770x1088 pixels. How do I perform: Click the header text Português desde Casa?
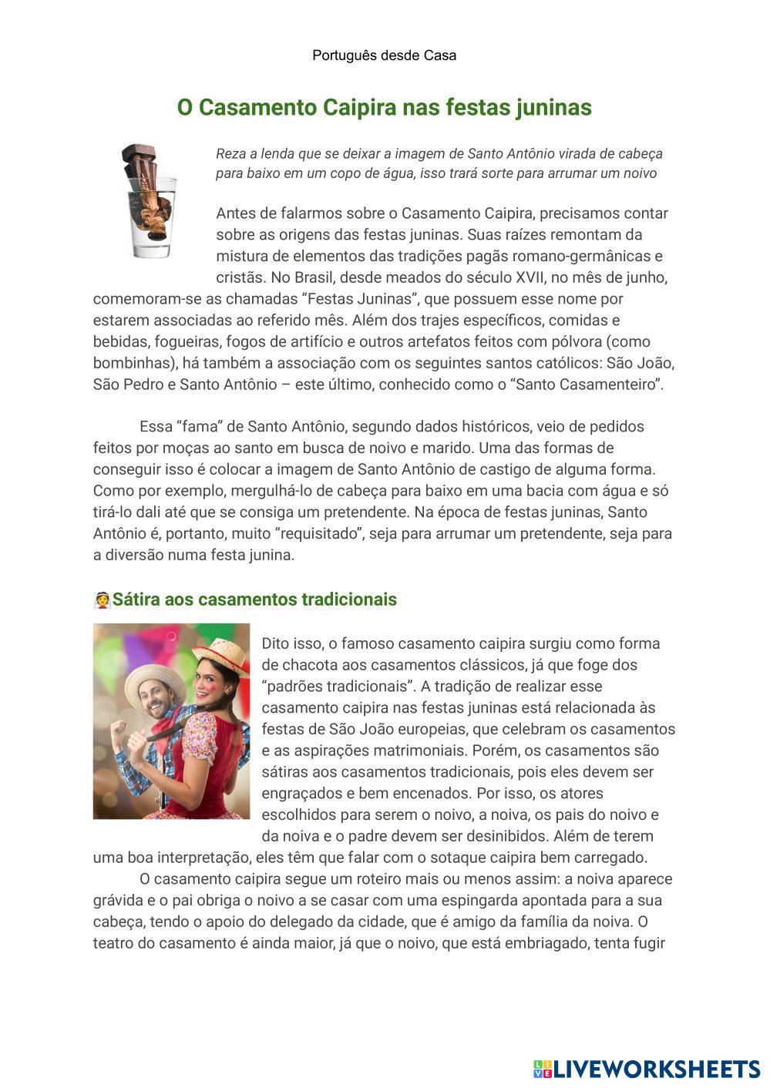click(x=384, y=55)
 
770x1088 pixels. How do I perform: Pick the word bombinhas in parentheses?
click(x=128, y=363)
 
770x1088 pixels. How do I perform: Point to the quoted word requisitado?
click(x=321, y=533)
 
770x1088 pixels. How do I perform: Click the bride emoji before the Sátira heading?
click(x=102, y=599)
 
